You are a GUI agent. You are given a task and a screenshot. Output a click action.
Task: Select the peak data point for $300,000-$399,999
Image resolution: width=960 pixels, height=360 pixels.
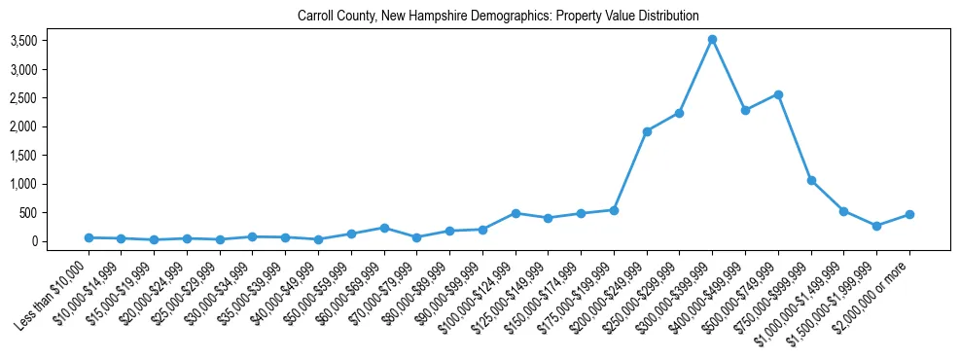point(712,40)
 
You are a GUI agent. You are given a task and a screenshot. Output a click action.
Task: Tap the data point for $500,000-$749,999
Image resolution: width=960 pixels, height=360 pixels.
point(778,94)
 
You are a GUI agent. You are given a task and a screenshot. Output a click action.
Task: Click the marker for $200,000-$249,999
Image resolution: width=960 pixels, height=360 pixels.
point(647,131)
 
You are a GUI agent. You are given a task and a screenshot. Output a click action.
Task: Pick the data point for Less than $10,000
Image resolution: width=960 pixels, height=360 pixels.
point(89,237)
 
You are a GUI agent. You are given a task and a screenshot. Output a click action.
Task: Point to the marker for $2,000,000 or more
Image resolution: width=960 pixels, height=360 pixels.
point(909,214)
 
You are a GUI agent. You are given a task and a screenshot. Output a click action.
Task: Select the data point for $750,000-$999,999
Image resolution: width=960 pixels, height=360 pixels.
point(811,180)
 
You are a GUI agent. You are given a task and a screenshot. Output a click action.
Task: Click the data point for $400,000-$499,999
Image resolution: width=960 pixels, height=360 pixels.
point(745,111)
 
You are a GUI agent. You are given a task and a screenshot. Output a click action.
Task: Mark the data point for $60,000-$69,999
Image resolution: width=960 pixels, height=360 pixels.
point(384,228)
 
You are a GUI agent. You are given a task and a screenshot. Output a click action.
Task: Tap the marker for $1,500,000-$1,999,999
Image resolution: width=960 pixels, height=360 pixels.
point(876,226)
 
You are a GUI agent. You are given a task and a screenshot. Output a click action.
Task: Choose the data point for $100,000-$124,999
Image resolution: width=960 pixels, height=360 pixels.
point(516,213)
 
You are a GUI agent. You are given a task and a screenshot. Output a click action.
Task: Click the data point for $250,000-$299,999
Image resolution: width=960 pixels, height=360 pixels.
point(680,113)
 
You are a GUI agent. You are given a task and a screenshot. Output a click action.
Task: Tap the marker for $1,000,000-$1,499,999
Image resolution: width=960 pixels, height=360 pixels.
point(843,211)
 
